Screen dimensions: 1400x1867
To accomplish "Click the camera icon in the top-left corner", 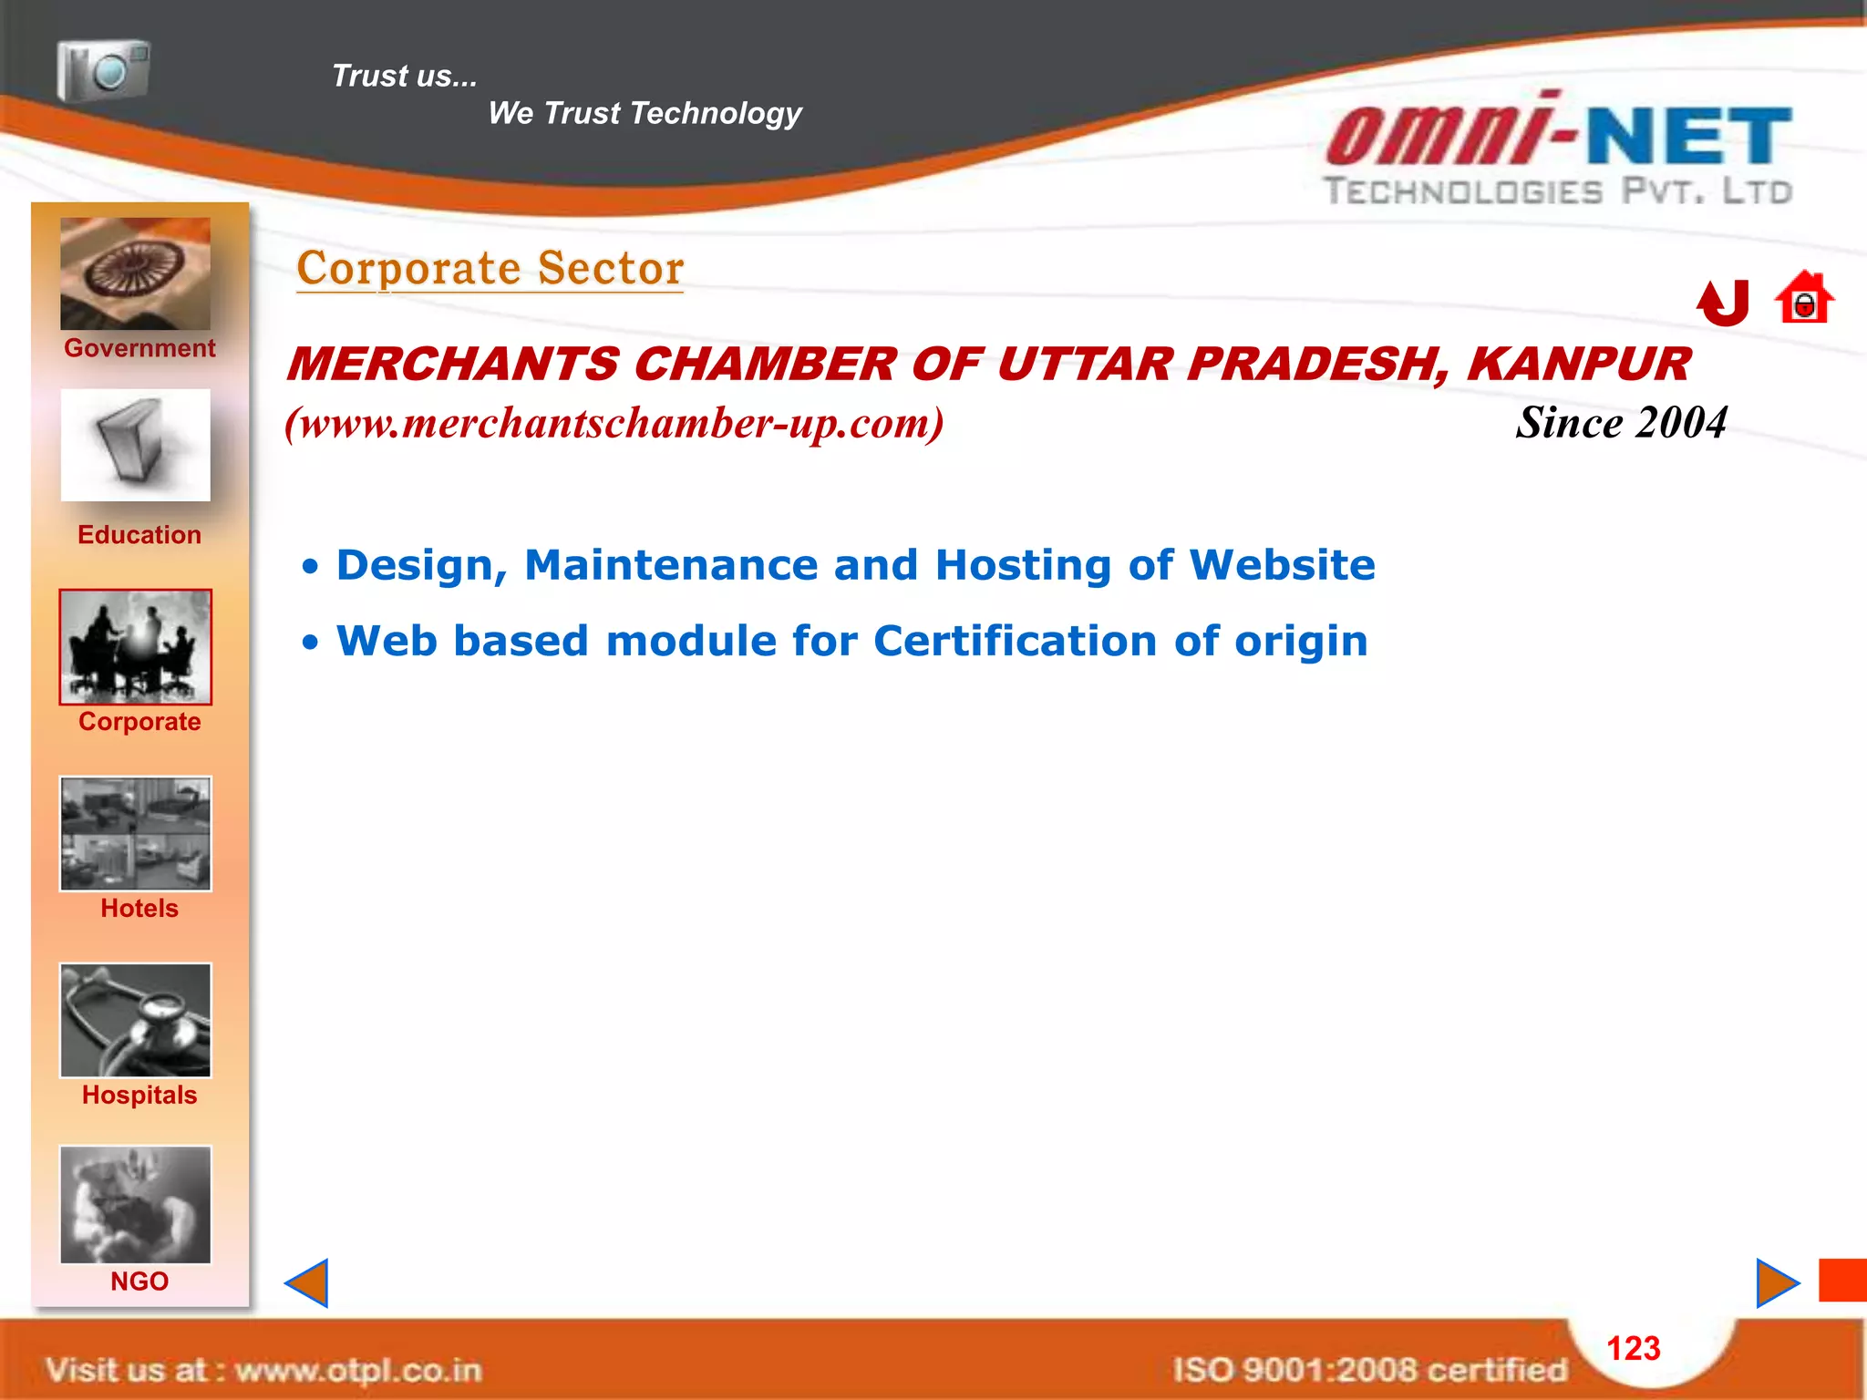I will [x=103, y=69].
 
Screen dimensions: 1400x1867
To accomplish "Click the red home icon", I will [x=1803, y=299].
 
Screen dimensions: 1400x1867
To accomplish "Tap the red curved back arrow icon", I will [x=1723, y=302].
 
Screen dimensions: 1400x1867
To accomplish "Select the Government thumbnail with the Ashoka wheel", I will [x=135, y=273].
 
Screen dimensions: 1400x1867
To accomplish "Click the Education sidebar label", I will [x=139, y=535].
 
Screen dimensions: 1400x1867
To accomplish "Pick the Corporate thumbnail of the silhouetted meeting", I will [x=135, y=647].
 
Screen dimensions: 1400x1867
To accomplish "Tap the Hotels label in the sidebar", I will [x=139, y=909].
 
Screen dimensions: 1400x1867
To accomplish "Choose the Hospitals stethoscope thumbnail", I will [x=135, y=1021].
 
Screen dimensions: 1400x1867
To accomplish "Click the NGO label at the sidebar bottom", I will [x=139, y=1282].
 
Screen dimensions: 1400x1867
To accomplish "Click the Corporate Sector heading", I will [x=490, y=269].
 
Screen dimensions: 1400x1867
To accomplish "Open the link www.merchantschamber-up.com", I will [x=614, y=424].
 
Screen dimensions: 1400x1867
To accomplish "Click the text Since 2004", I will [x=1621, y=423].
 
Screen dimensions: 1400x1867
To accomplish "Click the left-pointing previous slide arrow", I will [x=307, y=1283].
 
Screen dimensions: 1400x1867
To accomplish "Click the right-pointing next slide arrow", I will [x=1776, y=1283].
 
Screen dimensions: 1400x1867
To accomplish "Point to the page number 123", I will [x=1633, y=1349].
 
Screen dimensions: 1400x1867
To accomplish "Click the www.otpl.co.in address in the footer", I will [x=357, y=1371].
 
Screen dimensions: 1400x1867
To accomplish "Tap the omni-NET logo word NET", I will [x=1688, y=137].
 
